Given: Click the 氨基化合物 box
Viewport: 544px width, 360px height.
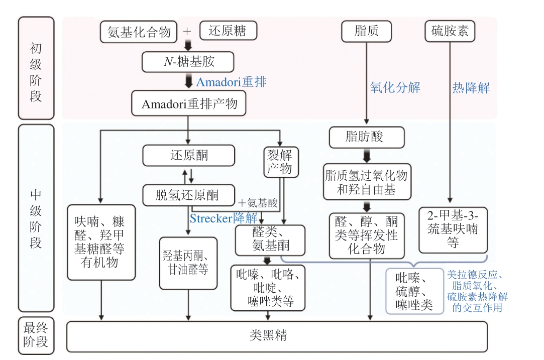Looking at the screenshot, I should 139,32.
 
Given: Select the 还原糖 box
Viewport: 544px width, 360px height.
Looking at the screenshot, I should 229,31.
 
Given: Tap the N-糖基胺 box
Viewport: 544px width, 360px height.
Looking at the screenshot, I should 188,62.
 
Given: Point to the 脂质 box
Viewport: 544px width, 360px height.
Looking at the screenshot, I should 366,31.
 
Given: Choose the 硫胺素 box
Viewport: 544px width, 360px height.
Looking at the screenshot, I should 450,31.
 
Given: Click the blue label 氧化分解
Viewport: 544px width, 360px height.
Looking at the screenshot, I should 395,87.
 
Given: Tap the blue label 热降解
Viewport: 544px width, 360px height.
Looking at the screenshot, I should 471,87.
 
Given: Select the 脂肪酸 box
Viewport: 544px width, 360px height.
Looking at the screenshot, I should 366,137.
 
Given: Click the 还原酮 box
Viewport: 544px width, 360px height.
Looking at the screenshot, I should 188,156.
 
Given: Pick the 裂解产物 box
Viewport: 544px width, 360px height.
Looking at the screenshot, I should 279,161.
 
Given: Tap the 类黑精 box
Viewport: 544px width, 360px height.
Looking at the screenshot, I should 276,336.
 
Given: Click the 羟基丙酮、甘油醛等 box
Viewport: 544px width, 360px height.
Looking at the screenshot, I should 188,263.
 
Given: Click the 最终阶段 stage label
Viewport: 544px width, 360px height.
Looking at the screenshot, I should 36,335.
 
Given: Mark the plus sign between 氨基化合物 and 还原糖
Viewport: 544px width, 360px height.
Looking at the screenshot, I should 187,31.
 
